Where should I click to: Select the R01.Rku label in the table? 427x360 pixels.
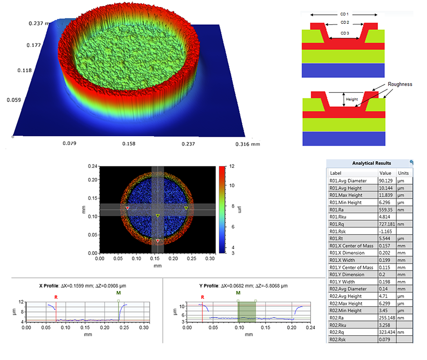tap(340, 217)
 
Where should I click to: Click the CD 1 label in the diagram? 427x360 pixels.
tap(344, 15)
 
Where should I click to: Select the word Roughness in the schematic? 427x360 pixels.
tap(400, 84)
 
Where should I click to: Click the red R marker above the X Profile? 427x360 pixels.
tap(56, 297)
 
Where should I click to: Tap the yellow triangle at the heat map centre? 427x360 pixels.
tap(158, 216)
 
